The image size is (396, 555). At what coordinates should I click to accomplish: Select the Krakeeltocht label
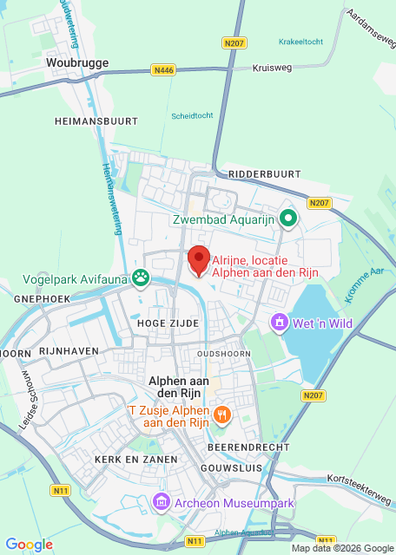pos(300,41)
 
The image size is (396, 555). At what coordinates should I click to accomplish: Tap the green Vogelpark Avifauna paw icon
pos(141,278)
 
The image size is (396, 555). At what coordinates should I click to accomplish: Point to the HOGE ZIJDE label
pos(168,323)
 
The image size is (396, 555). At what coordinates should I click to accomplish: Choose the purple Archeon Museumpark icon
pos(161,502)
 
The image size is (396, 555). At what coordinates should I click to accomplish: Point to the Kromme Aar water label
pos(363,285)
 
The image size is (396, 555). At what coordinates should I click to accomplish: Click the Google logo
pos(30,544)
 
